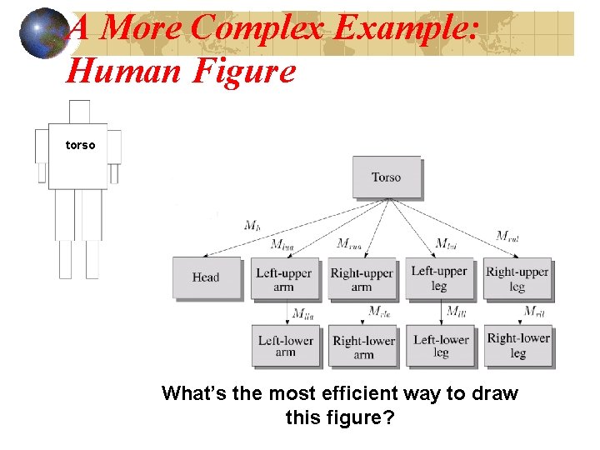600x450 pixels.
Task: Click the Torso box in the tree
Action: (386, 177)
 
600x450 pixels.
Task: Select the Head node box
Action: (205, 277)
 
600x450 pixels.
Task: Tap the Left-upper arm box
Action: (284, 279)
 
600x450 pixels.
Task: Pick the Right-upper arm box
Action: (361, 279)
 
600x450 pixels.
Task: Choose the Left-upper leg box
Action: (438, 278)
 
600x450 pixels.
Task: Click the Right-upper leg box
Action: (517, 279)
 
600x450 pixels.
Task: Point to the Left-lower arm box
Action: (285, 346)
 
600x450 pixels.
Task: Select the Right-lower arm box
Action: (363, 347)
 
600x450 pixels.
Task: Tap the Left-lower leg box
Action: (441, 346)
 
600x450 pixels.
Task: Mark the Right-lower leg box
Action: (517, 345)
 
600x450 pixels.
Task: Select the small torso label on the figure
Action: (80, 145)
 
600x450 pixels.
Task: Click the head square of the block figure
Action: (79, 112)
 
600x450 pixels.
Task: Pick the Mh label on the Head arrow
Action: (252, 225)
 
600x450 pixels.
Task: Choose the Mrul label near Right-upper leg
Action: (507, 236)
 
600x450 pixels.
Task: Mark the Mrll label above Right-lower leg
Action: (534, 312)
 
